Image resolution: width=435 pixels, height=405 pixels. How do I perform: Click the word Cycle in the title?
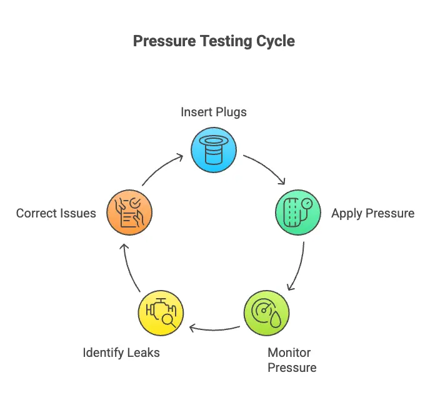pyautogui.click(x=275, y=41)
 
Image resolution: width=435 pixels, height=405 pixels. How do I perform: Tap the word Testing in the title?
pyautogui.click(x=226, y=41)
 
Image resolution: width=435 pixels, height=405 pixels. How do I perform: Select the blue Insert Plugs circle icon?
pyautogui.click(x=214, y=150)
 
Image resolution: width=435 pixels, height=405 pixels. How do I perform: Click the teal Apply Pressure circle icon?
pyautogui.click(x=298, y=212)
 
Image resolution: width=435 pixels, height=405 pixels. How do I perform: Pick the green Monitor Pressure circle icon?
pyautogui.click(x=267, y=313)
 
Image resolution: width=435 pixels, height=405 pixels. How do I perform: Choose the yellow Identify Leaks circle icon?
pyautogui.click(x=161, y=313)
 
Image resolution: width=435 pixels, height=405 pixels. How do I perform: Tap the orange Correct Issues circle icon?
pyautogui.click(x=129, y=212)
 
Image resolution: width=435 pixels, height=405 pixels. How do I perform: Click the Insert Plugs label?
pyautogui.click(x=214, y=112)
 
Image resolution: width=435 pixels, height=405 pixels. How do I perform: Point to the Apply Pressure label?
pyautogui.click(x=373, y=214)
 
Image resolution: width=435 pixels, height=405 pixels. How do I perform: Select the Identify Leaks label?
pyautogui.click(x=121, y=353)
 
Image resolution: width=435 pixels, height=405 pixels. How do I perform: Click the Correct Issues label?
pyautogui.click(x=56, y=213)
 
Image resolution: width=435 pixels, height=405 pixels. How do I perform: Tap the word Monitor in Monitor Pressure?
pyautogui.click(x=289, y=353)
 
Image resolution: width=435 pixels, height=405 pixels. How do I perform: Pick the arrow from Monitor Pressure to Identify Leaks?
pyautogui.click(x=214, y=330)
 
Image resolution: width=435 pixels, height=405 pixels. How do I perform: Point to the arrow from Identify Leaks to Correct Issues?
pyautogui.click(x=128, y=267)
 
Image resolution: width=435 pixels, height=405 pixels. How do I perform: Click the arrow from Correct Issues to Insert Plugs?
pyautogui.click(x=161, y=167)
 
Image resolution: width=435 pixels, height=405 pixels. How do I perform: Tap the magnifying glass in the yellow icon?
pyautogui.click(x=169, y=321)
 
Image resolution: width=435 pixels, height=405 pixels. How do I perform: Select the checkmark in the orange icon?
pyautogui.click(x=135, y=203)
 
